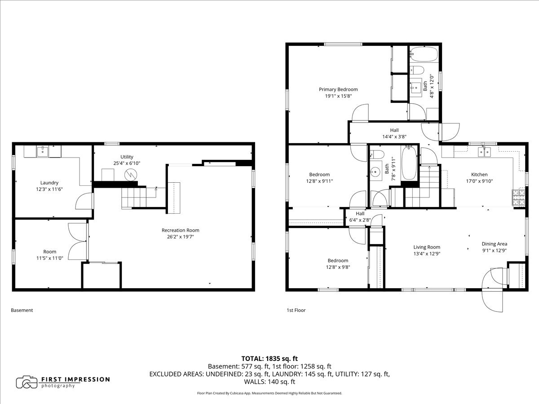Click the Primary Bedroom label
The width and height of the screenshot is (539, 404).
[x=338, y=89]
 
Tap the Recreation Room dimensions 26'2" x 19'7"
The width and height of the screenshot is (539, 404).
[x=181, y=237]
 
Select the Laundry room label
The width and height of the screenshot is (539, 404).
[x=49, y=183]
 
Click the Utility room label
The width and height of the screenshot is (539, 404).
[x=127, y=157]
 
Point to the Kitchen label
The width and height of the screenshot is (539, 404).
[x=479, y=175]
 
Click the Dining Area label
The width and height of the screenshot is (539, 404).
[x=495, y=244]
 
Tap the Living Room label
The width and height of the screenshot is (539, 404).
[x=427, y=247]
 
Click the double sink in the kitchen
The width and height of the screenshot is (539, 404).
[x=484, y=152]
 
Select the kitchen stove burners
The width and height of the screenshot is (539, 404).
[x=518, y=198]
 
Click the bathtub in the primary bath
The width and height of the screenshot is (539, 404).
[x=424, y=54]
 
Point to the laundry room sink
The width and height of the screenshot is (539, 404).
[x=43, y=151]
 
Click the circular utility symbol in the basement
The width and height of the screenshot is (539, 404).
[x=131, y=175]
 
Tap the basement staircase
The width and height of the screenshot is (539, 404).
[x=134, y=198]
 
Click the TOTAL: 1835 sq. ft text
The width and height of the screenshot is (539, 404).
[x=269, y=359]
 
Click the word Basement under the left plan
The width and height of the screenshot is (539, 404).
[x=22, y=310]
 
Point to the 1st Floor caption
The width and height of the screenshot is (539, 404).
[x=296, y=310]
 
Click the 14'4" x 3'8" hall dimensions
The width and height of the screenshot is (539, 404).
[x=394, y=136]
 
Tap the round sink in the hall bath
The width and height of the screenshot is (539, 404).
[x=376, y=171]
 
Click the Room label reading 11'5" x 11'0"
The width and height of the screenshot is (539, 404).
[x=49, y=255]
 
